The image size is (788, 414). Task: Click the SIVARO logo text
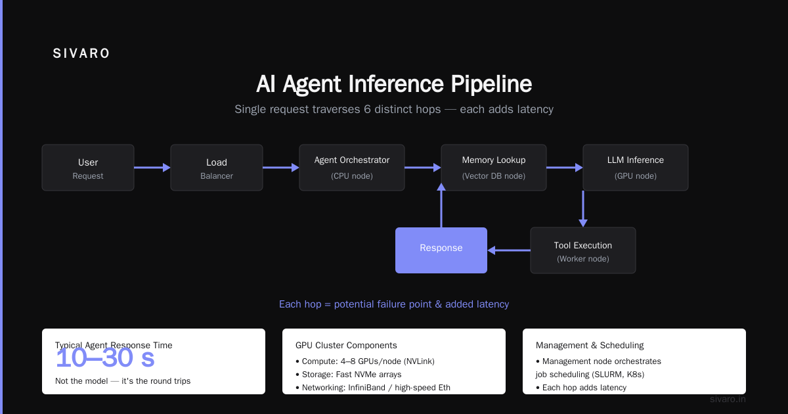81,53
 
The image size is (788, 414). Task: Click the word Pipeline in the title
491,84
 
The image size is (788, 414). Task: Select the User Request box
88,168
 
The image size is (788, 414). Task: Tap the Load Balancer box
217,168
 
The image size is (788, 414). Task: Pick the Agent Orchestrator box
352,168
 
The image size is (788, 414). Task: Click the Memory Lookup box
494,168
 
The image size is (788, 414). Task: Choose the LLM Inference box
636,168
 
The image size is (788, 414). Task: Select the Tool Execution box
583,250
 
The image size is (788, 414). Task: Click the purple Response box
441,250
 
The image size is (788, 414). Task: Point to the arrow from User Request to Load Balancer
152,168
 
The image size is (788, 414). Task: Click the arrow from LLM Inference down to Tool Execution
583,209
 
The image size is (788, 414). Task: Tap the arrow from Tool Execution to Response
509,250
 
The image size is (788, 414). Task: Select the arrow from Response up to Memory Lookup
441,205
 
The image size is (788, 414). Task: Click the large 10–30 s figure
105,358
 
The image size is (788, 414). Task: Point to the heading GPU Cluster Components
346,346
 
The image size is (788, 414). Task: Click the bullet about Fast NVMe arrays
349,374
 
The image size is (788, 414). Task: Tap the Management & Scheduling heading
590,346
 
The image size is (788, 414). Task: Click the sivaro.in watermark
728,399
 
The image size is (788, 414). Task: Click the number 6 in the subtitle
367,109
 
